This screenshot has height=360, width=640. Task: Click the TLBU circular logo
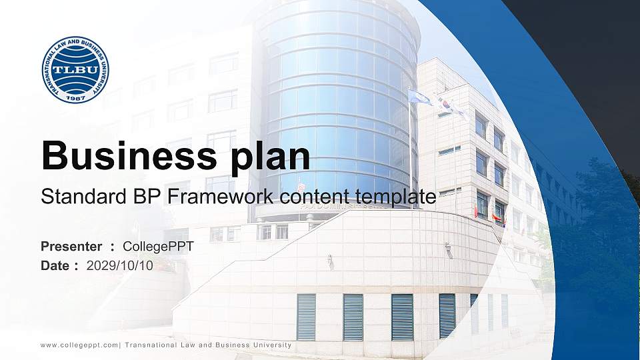click(x=75, y=69)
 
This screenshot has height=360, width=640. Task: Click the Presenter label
click(x=71, y=247)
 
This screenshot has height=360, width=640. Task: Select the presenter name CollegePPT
click(x=158, y=247)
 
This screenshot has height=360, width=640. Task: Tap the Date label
click(x=55, y=265)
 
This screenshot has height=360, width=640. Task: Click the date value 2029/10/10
click(x=120, y=265)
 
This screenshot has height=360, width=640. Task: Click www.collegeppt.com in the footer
click(x=79, y=345)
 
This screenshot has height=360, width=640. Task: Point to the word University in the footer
click(x=270, y=345)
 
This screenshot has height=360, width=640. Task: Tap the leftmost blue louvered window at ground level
click(x=306, y=317)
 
